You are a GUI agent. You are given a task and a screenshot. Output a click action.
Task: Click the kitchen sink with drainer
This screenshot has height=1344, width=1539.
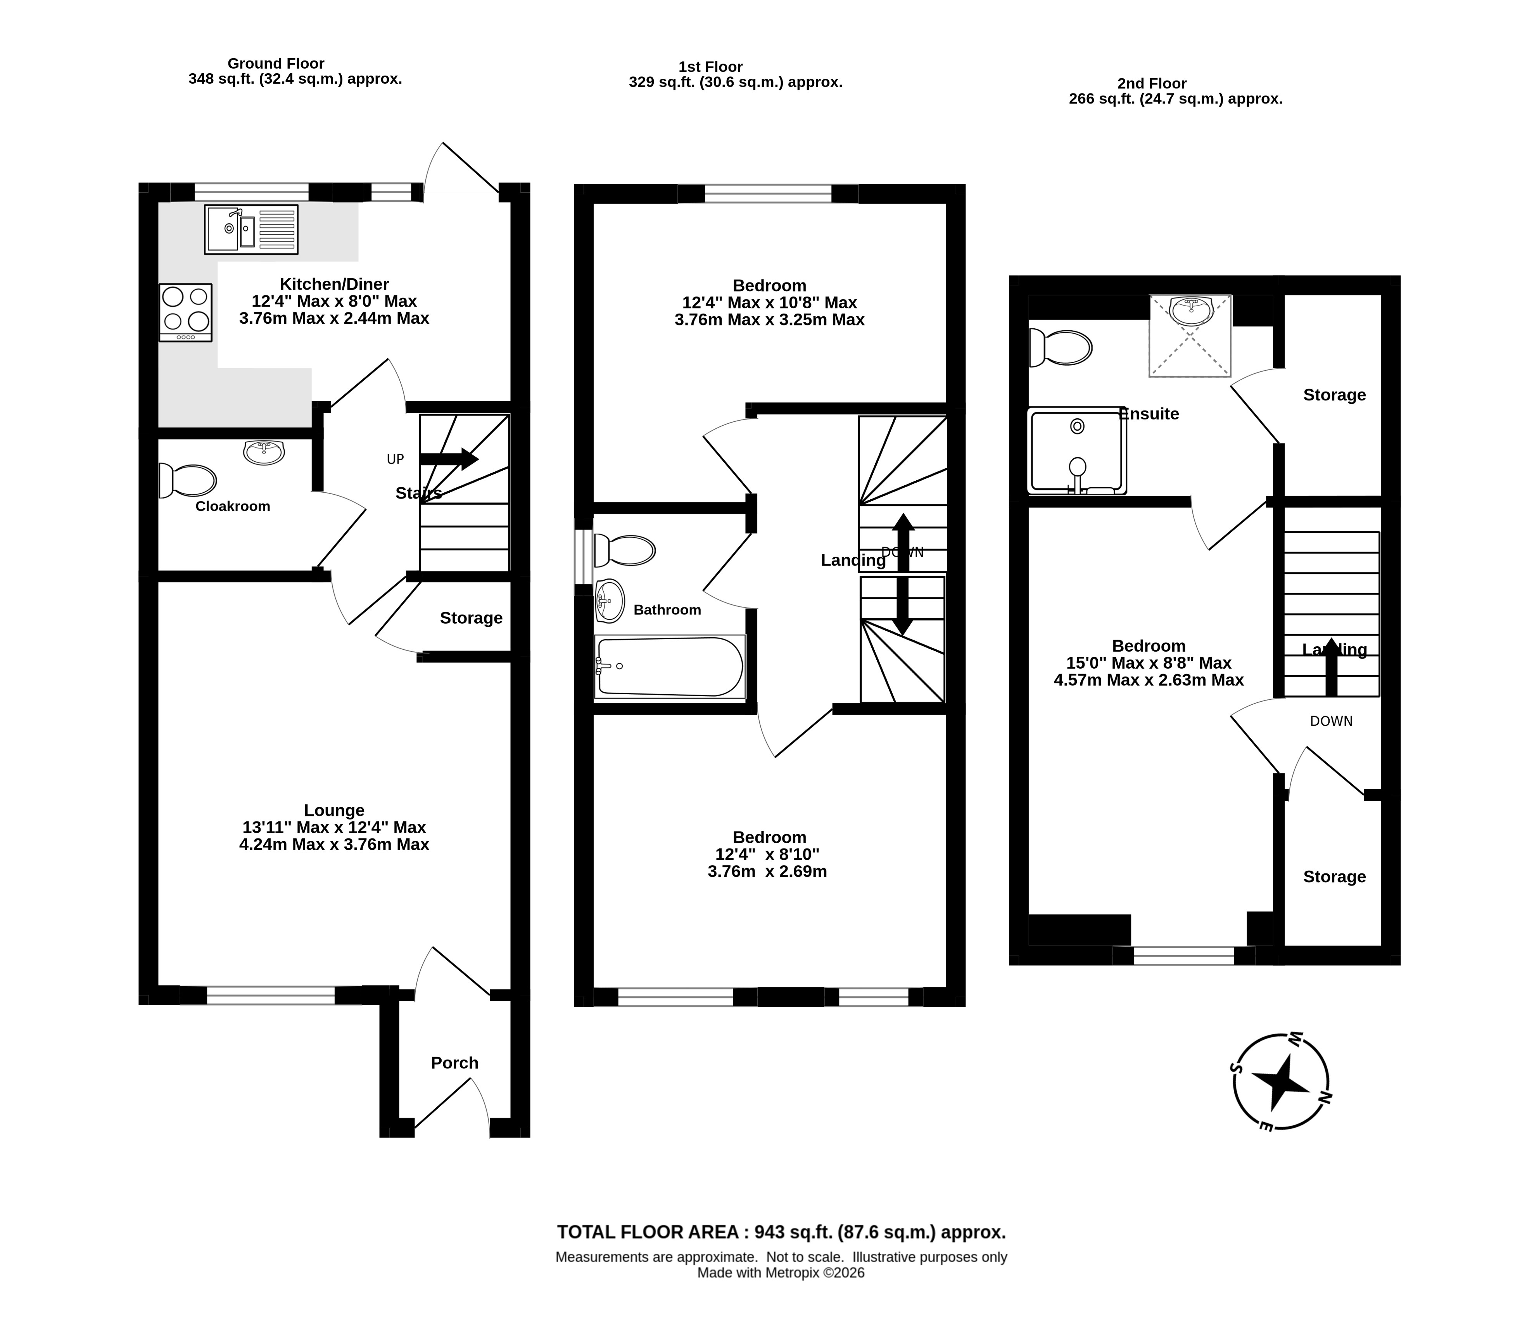click(251, 229)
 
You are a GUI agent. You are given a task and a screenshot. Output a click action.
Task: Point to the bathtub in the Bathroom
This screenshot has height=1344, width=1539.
click(670, 667)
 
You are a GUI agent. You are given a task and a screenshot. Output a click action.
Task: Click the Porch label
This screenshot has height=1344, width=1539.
click(454, 1063)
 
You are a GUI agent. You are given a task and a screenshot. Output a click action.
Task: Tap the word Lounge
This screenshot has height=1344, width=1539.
click(335, 810)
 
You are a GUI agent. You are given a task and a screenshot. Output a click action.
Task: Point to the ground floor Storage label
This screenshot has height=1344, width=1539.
click(471, 618)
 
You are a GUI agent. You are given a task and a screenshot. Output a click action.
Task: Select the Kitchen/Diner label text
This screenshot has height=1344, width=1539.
click(335, 284)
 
